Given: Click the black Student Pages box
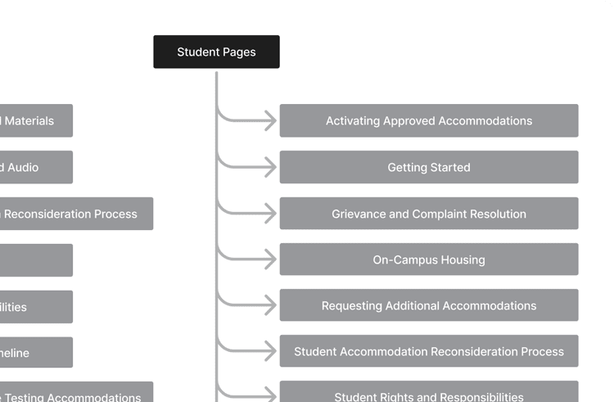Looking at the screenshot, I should pos(216,52).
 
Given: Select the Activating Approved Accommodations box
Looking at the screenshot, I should pos(428,120).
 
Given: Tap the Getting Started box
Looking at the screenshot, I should pos(428,167).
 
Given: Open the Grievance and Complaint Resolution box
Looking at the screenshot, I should pos(428,214).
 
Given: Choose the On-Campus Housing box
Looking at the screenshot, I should pos(428,260).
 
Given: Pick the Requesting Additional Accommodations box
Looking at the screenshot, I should pos(428,305).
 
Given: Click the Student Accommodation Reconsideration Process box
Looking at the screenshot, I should pos(428,351).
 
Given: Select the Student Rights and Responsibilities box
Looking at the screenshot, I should pos(428,394).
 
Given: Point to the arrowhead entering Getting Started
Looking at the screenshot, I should pos(270,167).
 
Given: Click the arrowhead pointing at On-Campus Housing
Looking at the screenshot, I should pos(270,260).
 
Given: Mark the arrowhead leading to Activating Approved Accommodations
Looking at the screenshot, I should pos(270,121).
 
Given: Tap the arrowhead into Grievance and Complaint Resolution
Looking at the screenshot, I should pos(270,214).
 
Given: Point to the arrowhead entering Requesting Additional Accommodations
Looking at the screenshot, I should pos(270,305).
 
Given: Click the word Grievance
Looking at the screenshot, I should pos(359,214).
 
